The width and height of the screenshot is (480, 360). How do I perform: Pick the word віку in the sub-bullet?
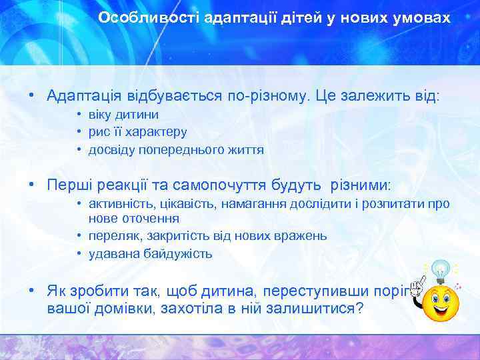[x=103, y=115]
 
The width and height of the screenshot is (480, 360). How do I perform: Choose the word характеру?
[x=159, y=133]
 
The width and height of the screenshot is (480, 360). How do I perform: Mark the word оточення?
[x=147, y=218]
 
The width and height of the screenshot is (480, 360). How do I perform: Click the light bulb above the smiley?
[x=440, y=271]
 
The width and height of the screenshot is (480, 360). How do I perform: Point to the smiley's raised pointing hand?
[x=417, y=288]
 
